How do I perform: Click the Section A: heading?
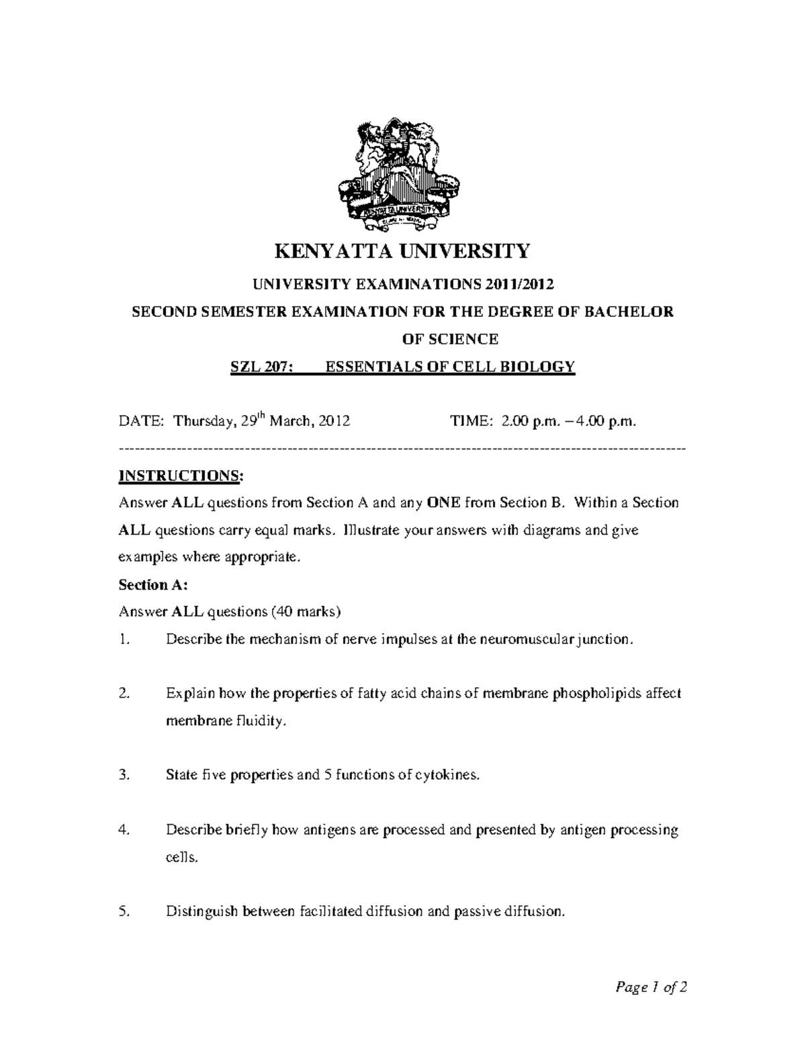pyautogui.click(x=152, y=584)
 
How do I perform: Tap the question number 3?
pyautogui.click(x=123, y=774)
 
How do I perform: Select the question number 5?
pyautogui.click(x=123, y=911)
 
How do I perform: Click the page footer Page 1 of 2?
pyautogui.click(x=651, y=987)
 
